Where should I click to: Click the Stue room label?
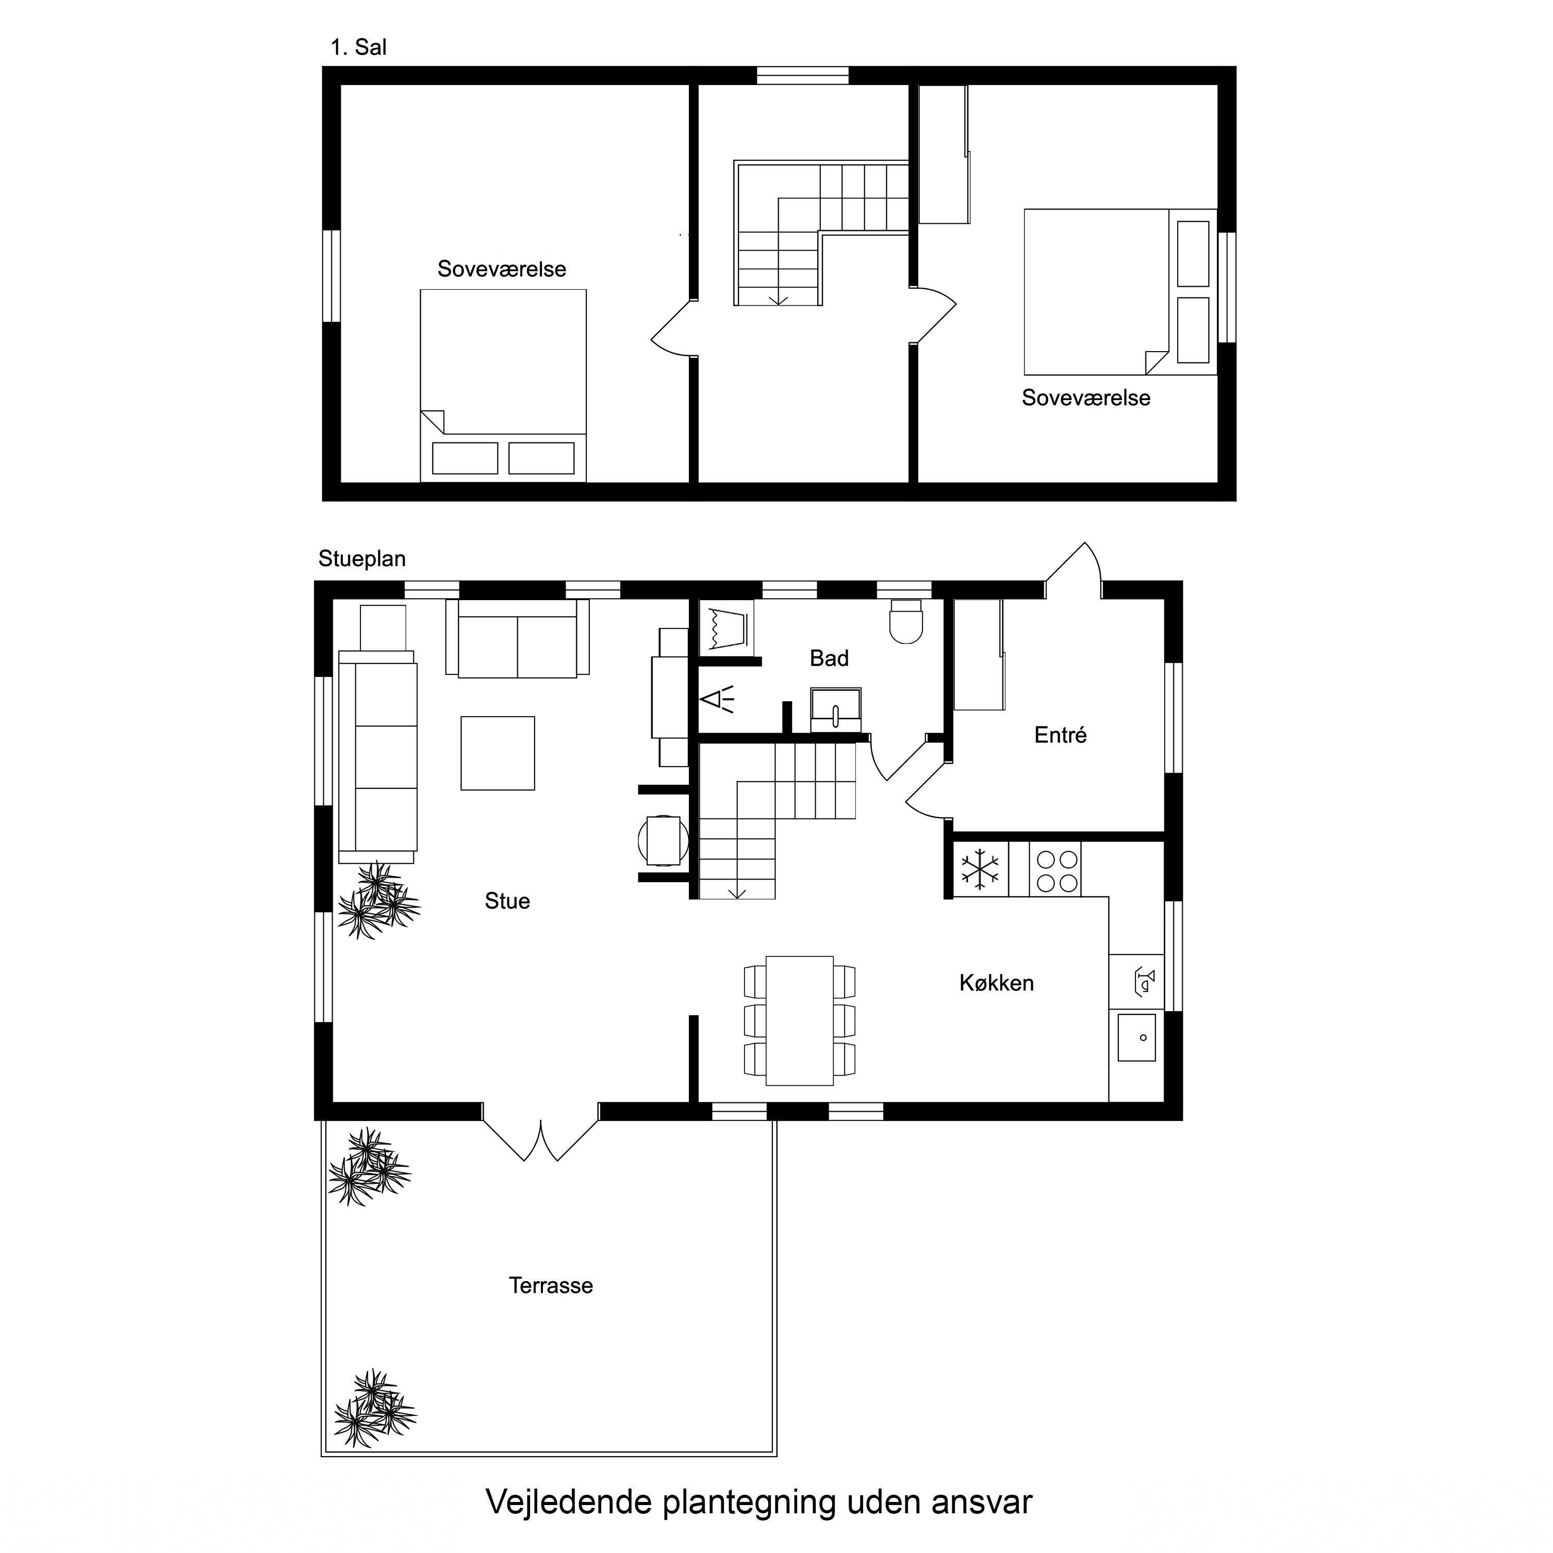click(507, 901)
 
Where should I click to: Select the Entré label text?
click(1060, 735)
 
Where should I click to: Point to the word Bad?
click(829, 658)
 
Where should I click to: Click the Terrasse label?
click(551, 1285)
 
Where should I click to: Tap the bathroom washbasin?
click(836, 709)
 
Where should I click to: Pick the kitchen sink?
click(1136, 1036)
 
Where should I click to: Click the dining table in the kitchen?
click(799, 1020)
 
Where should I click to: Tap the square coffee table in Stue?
click(498, 753)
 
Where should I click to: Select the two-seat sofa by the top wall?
click(518, 639)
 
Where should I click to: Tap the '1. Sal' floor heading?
click(358, 47)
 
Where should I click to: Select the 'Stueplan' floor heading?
click(362, 559)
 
